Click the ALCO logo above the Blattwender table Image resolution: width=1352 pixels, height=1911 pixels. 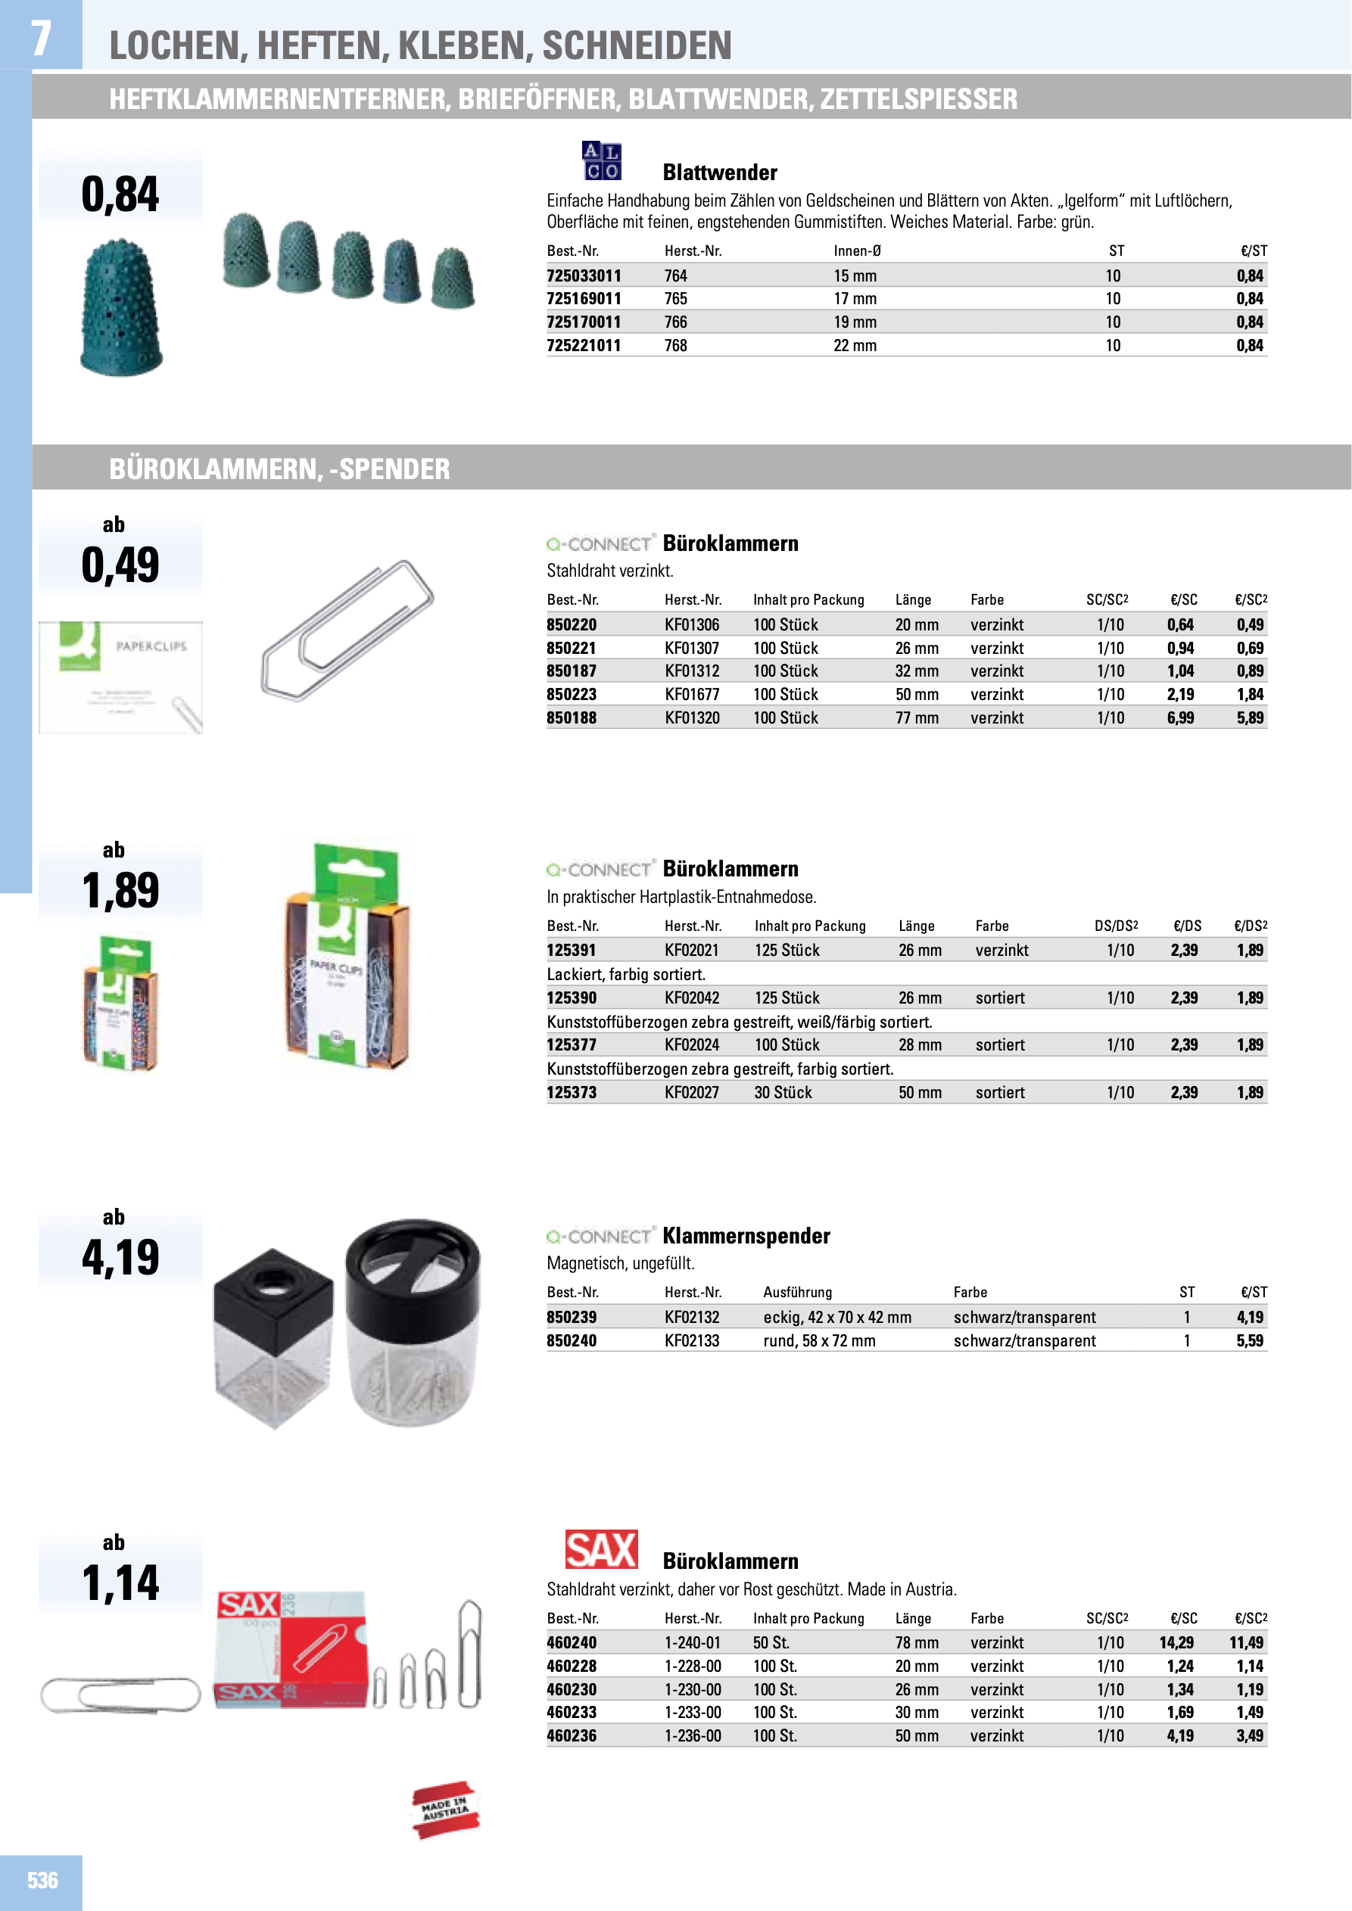tap(601, 160)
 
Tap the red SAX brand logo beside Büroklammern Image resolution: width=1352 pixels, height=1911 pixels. tap(601, 1550)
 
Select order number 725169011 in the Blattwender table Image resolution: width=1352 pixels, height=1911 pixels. tap(584, 299)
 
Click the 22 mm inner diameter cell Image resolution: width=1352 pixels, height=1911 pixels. tap(855, 345)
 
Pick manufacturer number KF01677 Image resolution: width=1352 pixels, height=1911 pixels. tap(692, 694)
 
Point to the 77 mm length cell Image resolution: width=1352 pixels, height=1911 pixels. tap(917, 717)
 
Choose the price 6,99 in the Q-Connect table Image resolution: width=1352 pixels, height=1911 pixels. tap(1179, 717)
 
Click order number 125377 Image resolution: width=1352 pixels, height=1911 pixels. tap(571, 1044)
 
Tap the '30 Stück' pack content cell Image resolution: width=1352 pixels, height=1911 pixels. tap(783, 1092)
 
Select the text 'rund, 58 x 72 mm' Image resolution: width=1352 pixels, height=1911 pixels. tap(819, 1340)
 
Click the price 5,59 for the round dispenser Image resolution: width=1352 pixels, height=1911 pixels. tap(1249, 1340)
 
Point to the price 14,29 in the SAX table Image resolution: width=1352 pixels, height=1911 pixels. tap(1176, 1642)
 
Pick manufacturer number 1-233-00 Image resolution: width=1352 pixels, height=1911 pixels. tap(693, 1712)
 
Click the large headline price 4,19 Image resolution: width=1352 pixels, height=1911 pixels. tap(120, 1258)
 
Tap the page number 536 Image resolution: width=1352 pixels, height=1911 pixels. tap(42, 1880)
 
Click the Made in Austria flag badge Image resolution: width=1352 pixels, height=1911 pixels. tap(445, 1810)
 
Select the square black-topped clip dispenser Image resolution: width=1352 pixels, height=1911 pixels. tap(273, 1337)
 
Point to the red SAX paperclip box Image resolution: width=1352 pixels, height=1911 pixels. tap(291, 1651)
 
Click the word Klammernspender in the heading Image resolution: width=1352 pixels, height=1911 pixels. tap(746, 1236)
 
